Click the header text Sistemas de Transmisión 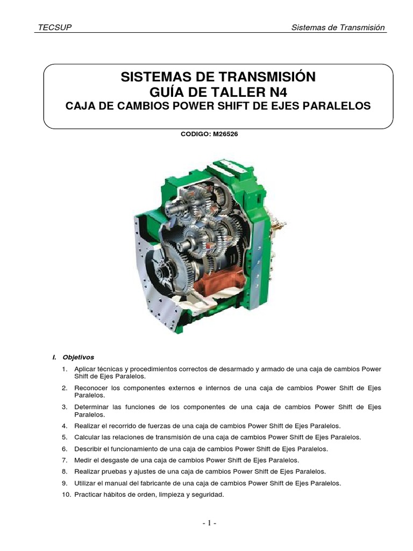pos(338,28)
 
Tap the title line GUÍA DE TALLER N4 pos(218,91)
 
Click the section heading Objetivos pos(78,357)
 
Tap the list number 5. pos(64,437)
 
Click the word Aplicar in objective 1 pos(85,369)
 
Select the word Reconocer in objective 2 pos(91,387)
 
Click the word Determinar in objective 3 pos(92,407)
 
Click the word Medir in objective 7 pos(83,460)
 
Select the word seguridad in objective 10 pos(207,495)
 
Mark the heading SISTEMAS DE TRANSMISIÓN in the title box pos(218,76)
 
